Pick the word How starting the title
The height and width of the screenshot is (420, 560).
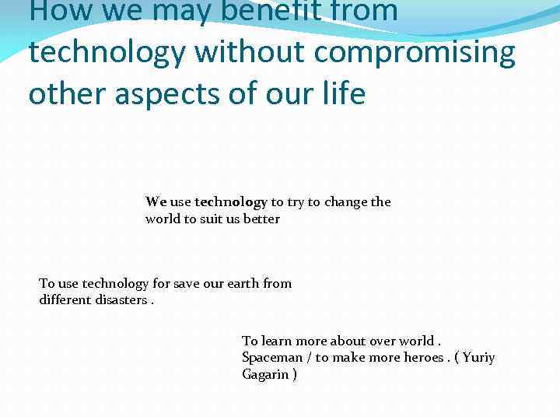55,11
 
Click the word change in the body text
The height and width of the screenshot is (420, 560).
346,202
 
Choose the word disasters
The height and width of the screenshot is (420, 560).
119,300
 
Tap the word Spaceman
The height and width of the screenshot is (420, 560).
271,358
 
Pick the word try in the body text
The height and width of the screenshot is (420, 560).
296,202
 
